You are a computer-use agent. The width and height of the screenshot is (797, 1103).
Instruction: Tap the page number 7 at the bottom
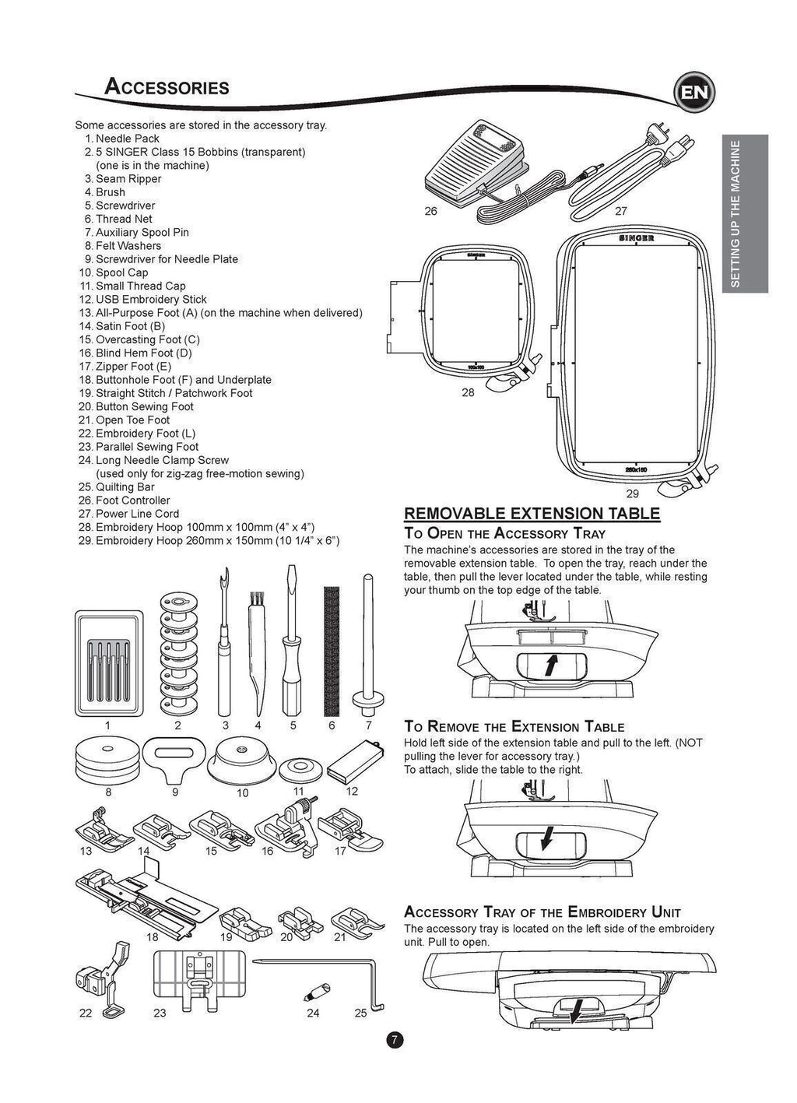point(395,1040)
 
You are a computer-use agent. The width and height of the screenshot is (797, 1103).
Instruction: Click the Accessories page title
point(167,86)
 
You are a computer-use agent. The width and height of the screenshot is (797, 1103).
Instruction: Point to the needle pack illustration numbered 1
point(109,663)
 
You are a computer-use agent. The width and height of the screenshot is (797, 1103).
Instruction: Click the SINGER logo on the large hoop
point(636,237)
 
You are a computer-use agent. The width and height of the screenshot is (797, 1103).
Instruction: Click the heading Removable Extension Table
point(532,514)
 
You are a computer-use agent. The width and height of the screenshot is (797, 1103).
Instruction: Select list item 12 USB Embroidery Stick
point(150,300)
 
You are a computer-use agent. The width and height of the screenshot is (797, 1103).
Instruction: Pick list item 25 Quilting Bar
point(125,487)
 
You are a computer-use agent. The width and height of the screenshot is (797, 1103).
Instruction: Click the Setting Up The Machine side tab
point(745,214)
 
